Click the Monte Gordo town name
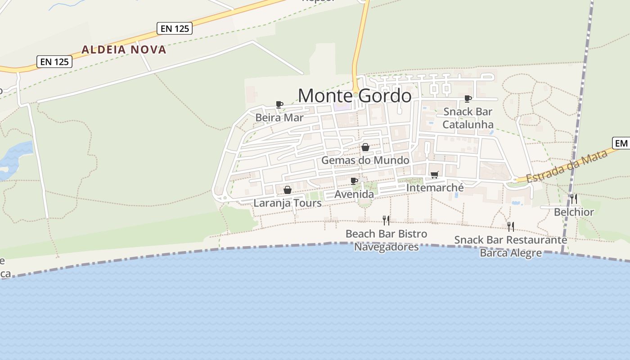pos(355,96)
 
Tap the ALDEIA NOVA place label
pos(124,49)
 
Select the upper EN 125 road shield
pos(175,28)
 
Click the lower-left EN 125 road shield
pos(55,62)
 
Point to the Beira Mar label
pos(279,118)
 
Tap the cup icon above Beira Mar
pos(279,105)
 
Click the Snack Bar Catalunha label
pos(468,118)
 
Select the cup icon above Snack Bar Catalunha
pos(468,99)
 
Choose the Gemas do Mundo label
pos(365,160)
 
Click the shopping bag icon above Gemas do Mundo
pos(365,148)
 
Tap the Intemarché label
pos(435,187)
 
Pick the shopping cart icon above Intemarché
pos(434,175)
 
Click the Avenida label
pos(354,194)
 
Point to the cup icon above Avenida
pos(354,181)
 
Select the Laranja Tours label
pos(288,203)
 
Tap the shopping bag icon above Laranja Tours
pos(288,190)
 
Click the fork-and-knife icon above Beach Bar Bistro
pos(386,220)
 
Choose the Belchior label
pos(574,212)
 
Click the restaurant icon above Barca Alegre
pos(510,226)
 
